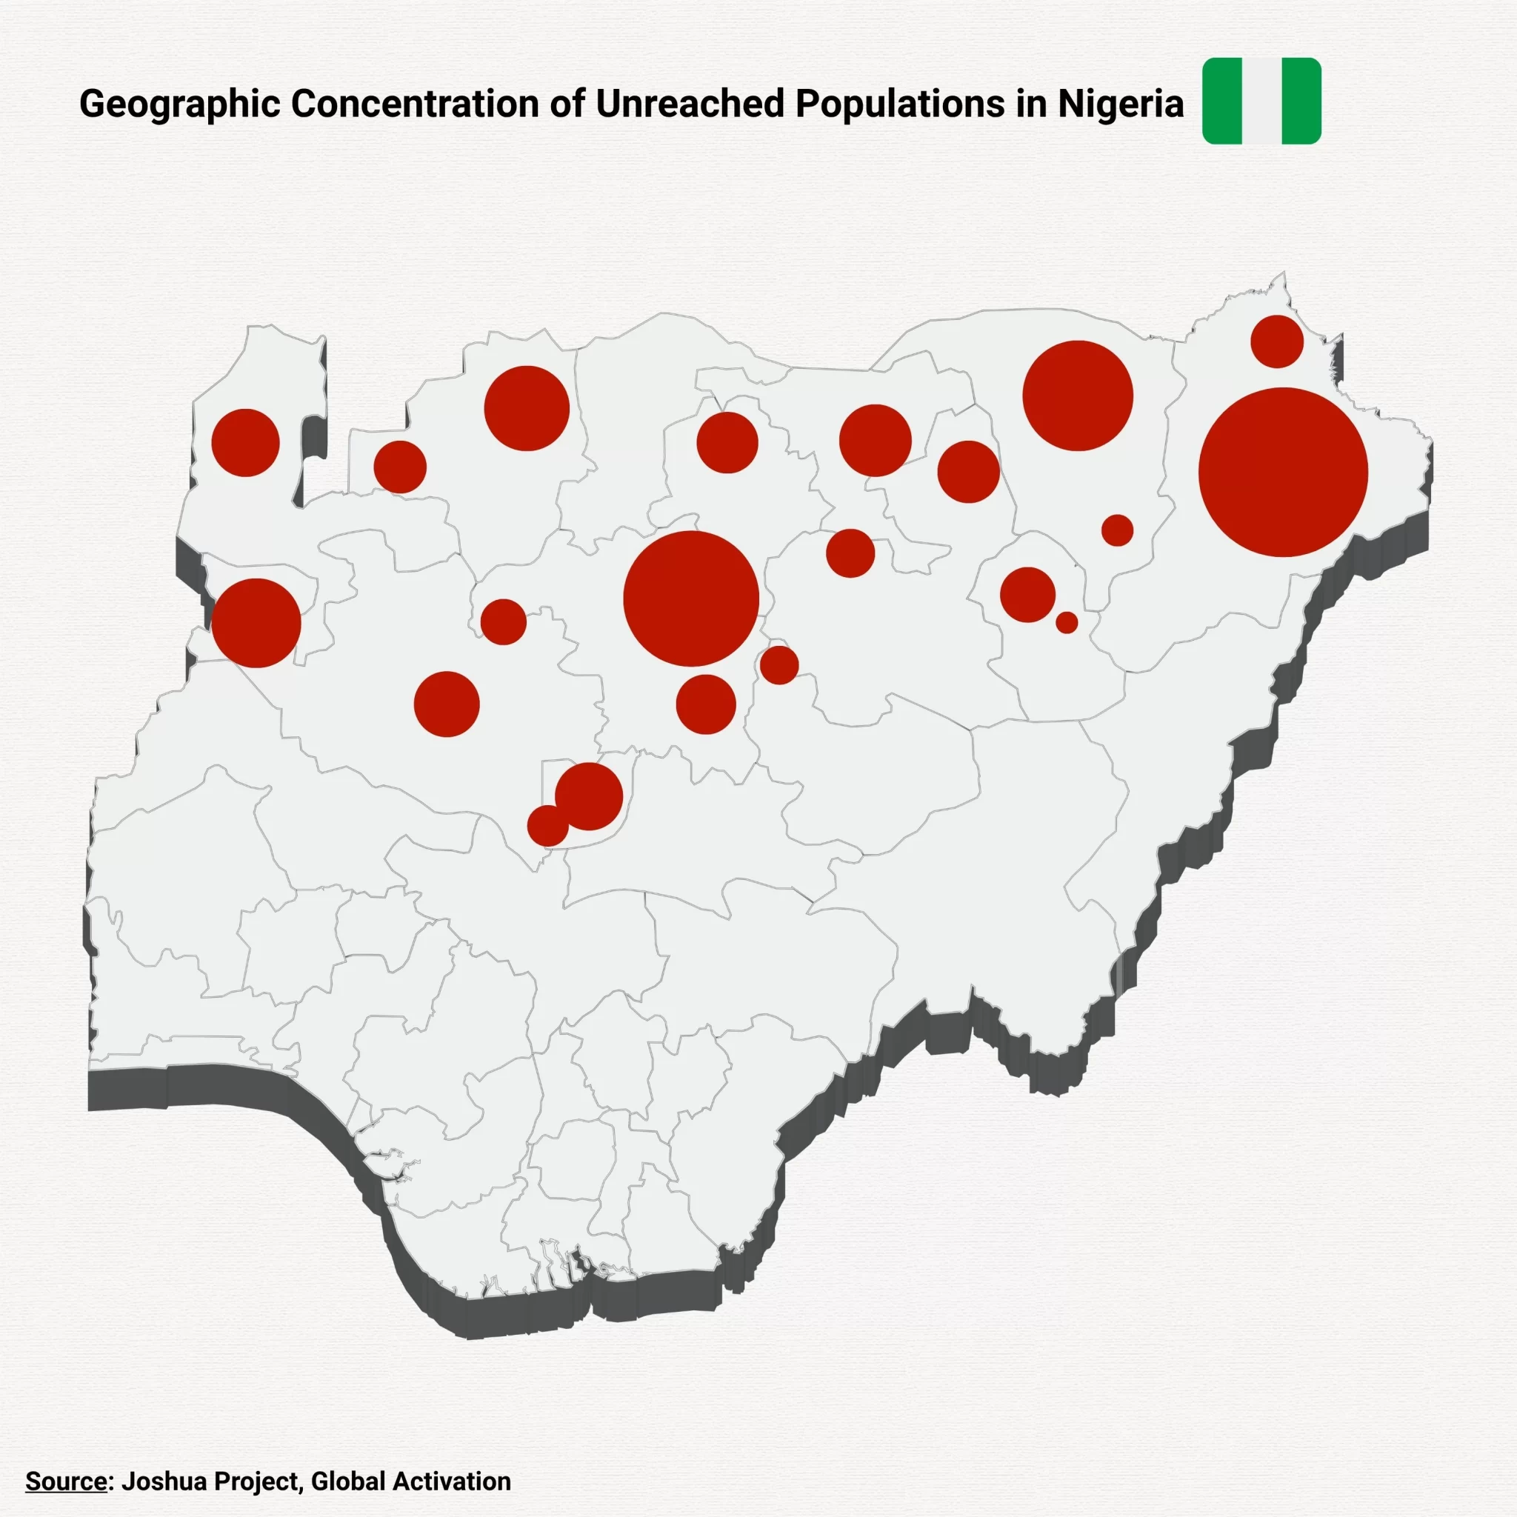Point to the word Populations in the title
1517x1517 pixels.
[x=899, y=104]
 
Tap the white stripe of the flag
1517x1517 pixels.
[x=1261, y=101]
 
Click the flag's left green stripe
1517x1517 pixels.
[x=1222, y=101]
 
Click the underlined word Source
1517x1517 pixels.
[x=66, y=1481]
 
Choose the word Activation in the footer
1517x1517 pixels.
[x=452, y=1481]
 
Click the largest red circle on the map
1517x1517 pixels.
[x=1283, y=472]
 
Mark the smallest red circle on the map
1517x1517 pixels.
[x=1067, y=622]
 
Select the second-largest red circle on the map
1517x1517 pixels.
[x=691, y=599]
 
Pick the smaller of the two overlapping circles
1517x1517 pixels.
[x=546, y=827]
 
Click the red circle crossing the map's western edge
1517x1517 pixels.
[x=256, y=623]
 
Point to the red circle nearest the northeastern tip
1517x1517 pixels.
[x=1277, y=341]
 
